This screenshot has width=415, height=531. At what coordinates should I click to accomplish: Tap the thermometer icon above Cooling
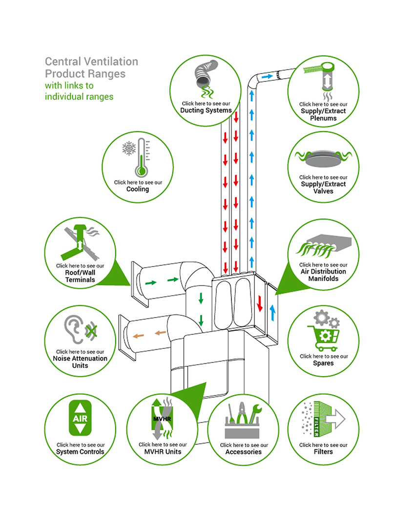point(142,157)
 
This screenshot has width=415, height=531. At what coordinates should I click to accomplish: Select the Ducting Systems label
point(206,110)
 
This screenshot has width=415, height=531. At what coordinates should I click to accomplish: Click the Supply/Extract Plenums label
point(323,114)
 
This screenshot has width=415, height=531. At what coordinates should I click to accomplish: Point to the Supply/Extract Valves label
point(323,188)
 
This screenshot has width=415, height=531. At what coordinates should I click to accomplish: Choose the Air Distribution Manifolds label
point(323,275)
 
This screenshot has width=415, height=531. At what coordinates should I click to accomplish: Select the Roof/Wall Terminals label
point(80,276)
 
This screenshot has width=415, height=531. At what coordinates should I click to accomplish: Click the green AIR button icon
point(80,419)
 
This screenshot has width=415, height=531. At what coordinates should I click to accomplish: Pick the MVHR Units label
point(163,452)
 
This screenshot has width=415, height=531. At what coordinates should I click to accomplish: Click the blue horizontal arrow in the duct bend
point(267,77)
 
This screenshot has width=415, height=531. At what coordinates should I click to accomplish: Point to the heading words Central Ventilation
point(91,62)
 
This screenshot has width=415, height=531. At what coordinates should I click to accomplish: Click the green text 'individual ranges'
point(79,96)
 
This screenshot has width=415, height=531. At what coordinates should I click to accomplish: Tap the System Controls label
point(80,452)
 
